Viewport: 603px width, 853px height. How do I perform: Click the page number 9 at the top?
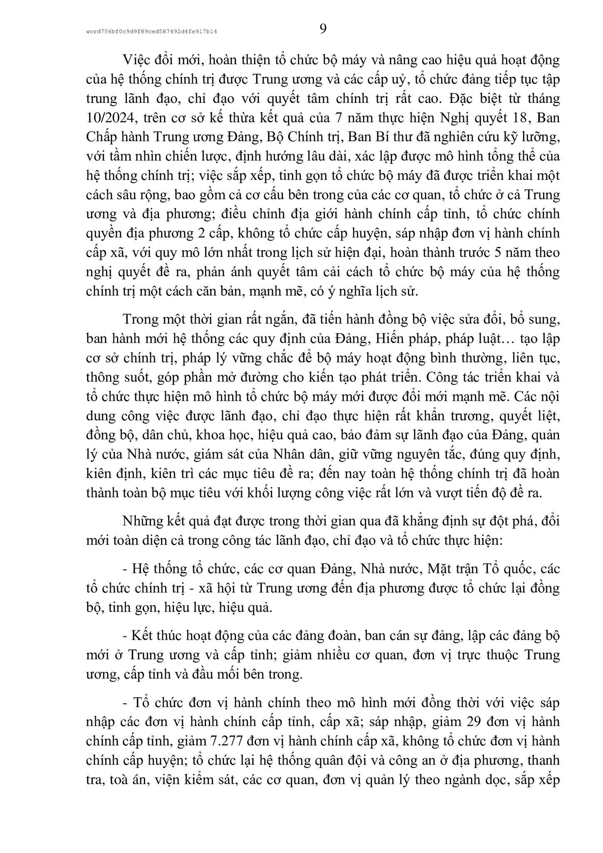pyautogui.click(x=323, y=29)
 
